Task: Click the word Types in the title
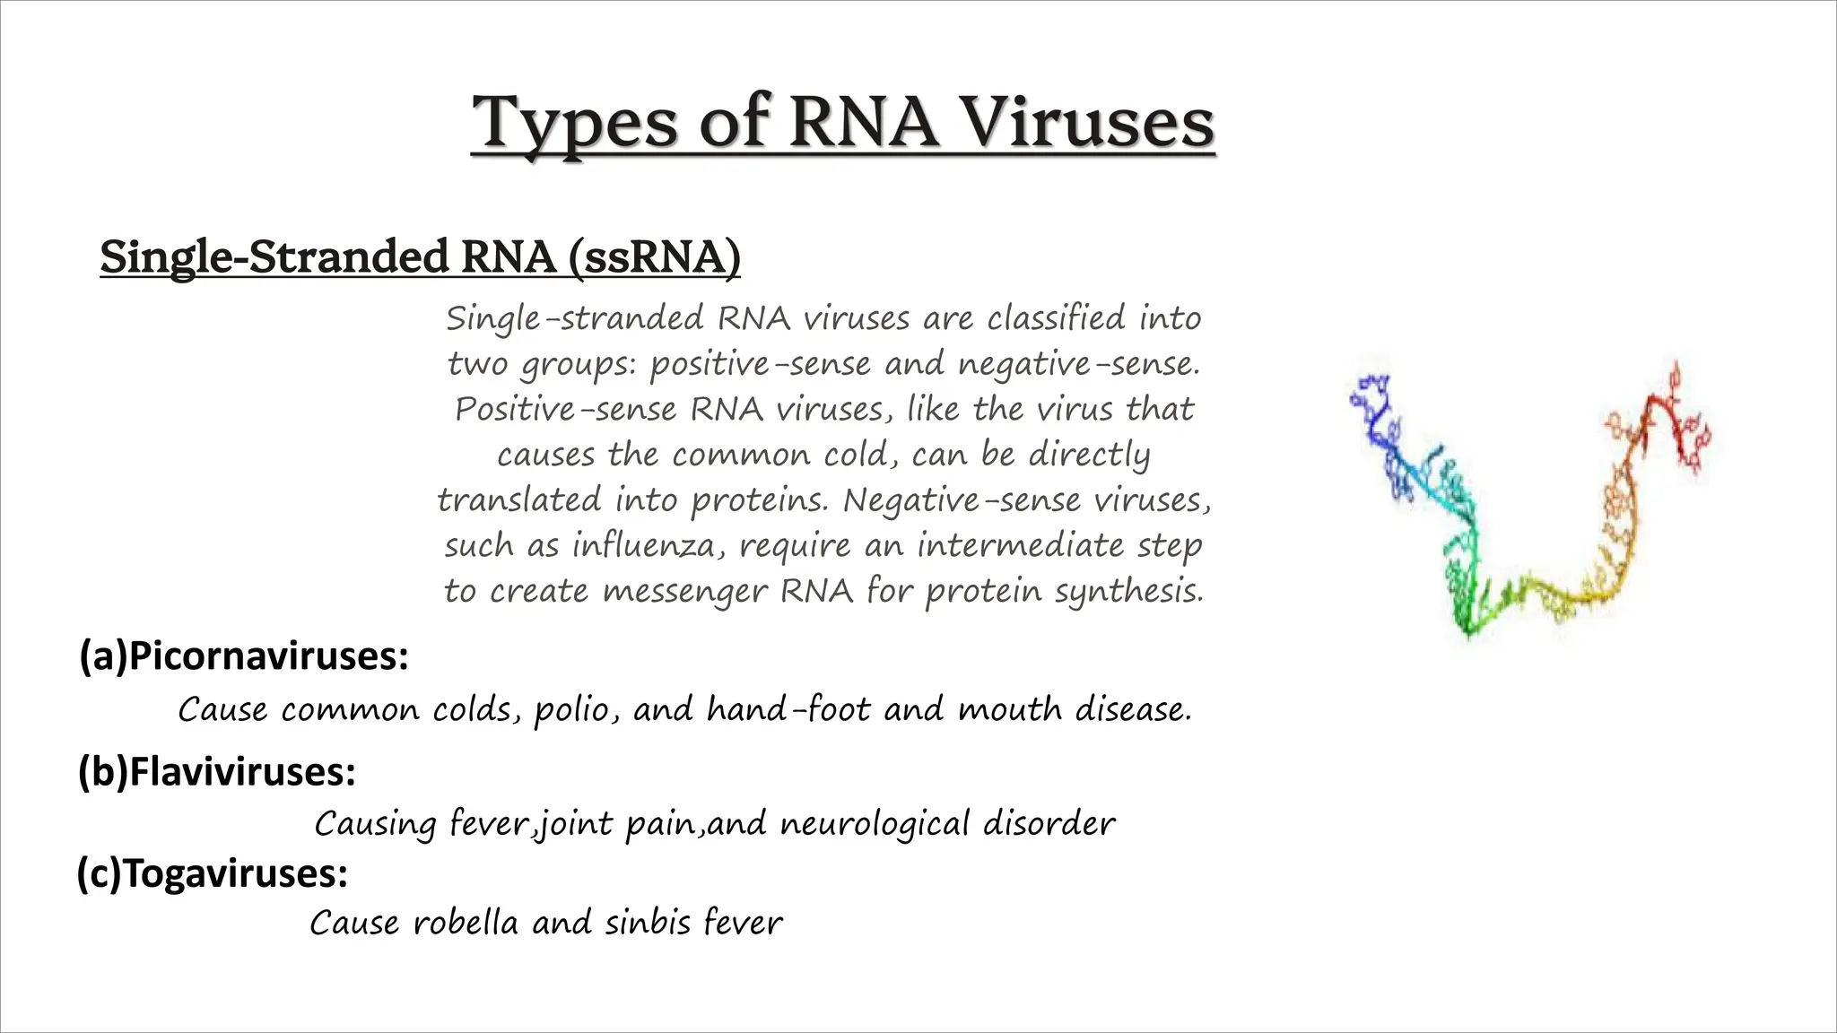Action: click(574, 124)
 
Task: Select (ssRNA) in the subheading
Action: click(654, 257)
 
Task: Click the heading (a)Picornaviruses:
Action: click(244, 656)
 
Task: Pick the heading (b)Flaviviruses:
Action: click(217, 771)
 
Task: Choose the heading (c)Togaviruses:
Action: click(213, 873)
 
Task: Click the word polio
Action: click(577, 710)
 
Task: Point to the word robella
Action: click(466, 923)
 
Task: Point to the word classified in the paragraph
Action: click(1056, 318)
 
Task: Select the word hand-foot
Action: click(788, 710)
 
